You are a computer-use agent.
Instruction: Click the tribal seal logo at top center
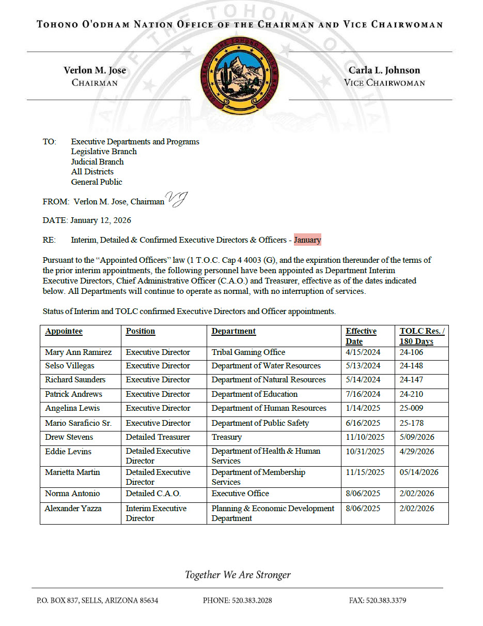pyautogui.click(x=239, y=76)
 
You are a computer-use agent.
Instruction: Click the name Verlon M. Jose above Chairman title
pyautogui.click(x=95, y=70)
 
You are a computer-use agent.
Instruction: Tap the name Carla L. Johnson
pyautogui.click(x=384, y=70)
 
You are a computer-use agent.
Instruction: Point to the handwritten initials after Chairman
pyautogui.click(x=176, y=199)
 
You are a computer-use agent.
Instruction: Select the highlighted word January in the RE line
pyautogui.click(x=307, y=240)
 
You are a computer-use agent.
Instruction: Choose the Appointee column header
pyautogui.click(x=64, y=331)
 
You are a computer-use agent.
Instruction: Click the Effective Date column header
pyautogui.click(x=361, y=336)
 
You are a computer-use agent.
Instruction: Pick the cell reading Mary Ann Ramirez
pyautogui.click(x=78, y=352)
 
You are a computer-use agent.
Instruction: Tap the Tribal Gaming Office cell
pyautogui.click(x=248, y=352)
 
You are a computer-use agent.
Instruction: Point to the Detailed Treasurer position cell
pyautogui.click(x=158, y=437)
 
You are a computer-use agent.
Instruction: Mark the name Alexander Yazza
pyautogui.click(x=73, y=509)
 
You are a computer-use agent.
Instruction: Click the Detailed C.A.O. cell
pyautogui.click(x=153, y=494)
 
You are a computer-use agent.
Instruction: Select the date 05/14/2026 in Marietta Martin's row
pyautogui.click(x=417, y=472)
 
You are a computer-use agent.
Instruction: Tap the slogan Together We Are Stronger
pyautogui.click(x=238, y=575)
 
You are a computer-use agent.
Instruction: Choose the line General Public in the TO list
pyautogui.click(x=97, y=182)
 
